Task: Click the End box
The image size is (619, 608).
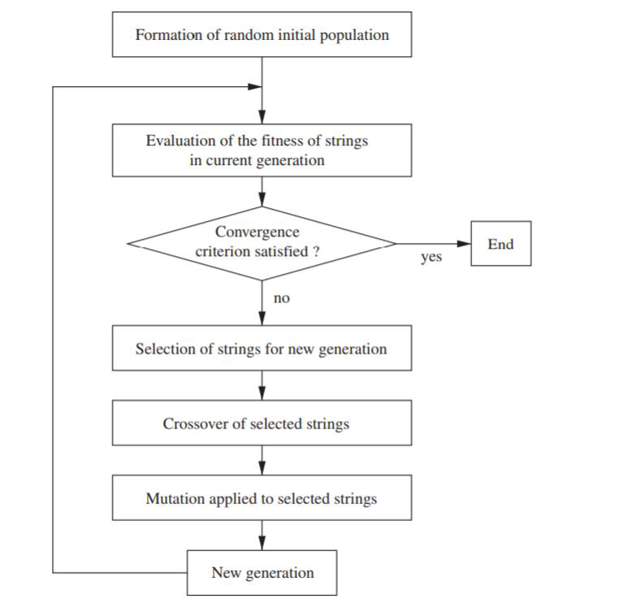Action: click(501, 244)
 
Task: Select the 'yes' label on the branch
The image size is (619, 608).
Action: click(431, 258)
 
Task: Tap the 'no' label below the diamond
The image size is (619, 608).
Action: click(281, 299)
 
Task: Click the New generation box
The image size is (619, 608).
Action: click(262, 572)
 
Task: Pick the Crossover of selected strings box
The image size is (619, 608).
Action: click(262, 423)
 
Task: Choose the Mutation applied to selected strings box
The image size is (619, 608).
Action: click(262, 498)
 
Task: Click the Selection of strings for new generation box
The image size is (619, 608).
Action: click(262, 349)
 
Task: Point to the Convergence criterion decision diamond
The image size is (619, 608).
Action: click(262, 243)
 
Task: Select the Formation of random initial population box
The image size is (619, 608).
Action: click(262, 35)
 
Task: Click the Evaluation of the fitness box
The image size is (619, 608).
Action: click(262, 150)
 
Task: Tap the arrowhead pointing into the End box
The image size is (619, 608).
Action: click(465, 243)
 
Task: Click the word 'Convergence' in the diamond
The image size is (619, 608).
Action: click(257, 232)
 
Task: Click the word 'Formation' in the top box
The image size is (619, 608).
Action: click(166, 35)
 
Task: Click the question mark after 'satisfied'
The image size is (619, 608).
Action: click(316, 252)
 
